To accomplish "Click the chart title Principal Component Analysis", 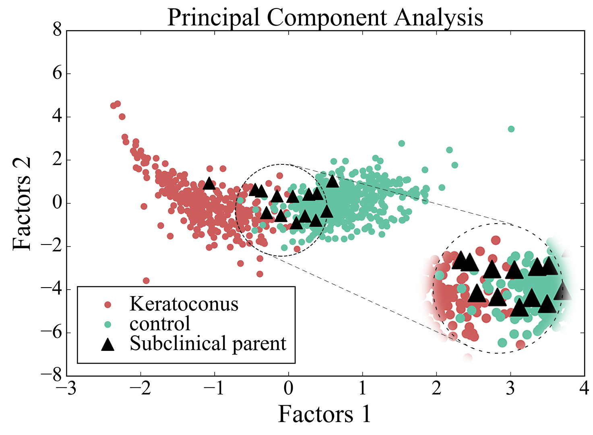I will (325, 17).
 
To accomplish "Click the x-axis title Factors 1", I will (324, 414).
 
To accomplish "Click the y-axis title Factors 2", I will (22, 203).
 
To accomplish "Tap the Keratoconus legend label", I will (184, 304).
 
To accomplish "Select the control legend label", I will (160, 323).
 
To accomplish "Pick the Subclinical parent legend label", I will (208, 344).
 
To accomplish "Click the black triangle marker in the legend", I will (107, 344).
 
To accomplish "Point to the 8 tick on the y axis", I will (57, 31).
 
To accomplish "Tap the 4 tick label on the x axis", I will (584, 389).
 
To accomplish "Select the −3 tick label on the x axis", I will (67, 389).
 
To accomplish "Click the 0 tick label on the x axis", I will (288, 389).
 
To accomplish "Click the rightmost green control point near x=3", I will (511, 129).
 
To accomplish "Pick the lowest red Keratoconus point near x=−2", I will (146, 281).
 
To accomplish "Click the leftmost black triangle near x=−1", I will (209, 183).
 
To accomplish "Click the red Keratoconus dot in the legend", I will (107, 304).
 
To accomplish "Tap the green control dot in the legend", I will (107, 324).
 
